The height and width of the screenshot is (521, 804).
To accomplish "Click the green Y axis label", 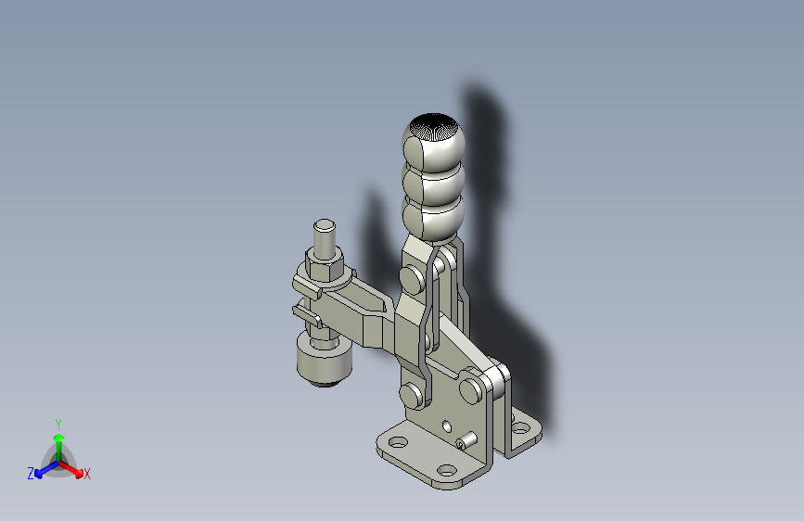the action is [58, 425].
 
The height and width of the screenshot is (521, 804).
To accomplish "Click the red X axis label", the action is [86, 474].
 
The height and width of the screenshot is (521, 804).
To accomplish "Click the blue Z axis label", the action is [31, 474].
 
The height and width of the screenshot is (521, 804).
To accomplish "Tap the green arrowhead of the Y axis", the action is [59, 438].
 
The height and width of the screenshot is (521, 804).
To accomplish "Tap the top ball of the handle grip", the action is [433, 142].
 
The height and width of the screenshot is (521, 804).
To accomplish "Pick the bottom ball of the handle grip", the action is [433, 220].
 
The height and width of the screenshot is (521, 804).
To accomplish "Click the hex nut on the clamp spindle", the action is [324, 263].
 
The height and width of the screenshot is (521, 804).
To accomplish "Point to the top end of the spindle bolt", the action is [324, 225].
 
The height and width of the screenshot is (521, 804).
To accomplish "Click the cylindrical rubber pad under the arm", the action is [324, 362].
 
